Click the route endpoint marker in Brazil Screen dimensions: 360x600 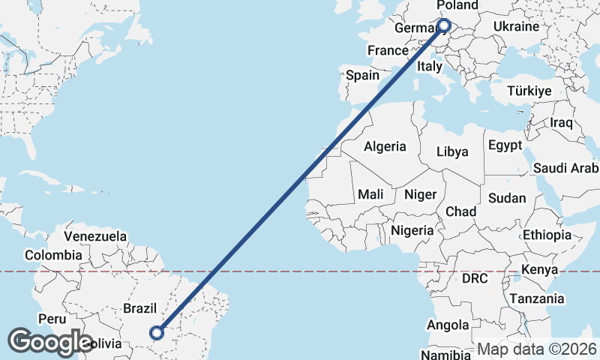pos(157,332)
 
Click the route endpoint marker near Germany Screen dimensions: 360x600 pos(443,25)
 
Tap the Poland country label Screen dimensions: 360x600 pos(457,6)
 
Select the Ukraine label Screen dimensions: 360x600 pos(516,27)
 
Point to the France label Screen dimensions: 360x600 pos(387,51)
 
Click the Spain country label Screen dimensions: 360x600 pos(362,76)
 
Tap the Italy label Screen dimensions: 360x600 pos(430,67)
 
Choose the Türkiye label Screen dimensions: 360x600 pos(529,91)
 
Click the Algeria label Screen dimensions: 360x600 pos(385,147)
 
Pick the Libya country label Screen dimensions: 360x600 pos(452,151)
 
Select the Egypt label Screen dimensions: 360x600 pos(504,145)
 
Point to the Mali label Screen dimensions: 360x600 pos(370,194)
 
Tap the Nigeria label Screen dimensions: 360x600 pos(412,231)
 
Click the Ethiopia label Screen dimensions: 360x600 pos(547,235)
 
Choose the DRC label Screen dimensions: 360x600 pos(474,278)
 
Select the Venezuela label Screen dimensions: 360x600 pos(95,236)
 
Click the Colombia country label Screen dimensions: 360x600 pos(52,255)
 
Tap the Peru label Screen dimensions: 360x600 pos(52,319)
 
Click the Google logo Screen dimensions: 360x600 pos(50,342)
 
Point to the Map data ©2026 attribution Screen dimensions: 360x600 pos(537,349)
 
